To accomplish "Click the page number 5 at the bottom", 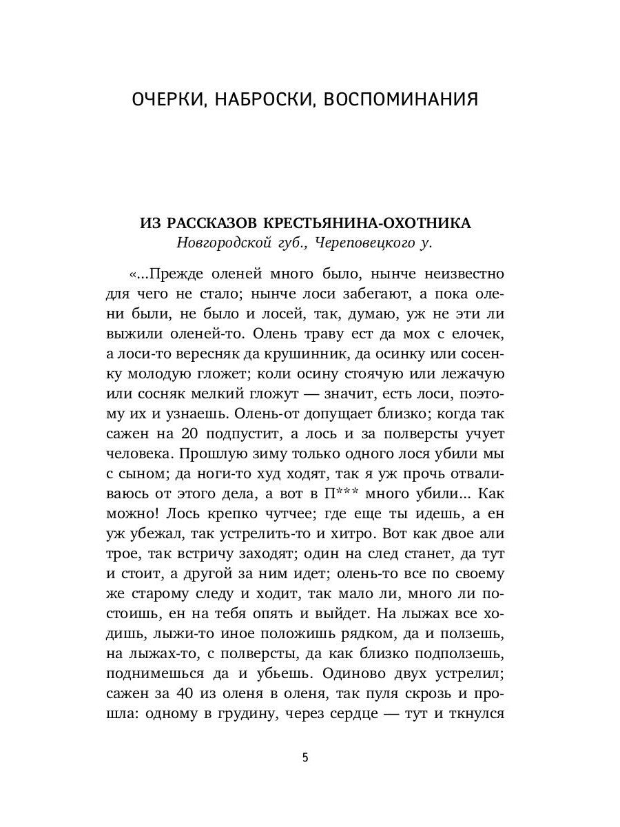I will pyautogui.click(x=305, y=758).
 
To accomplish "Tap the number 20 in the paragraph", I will pyautogui.click(x=190, y=434).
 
